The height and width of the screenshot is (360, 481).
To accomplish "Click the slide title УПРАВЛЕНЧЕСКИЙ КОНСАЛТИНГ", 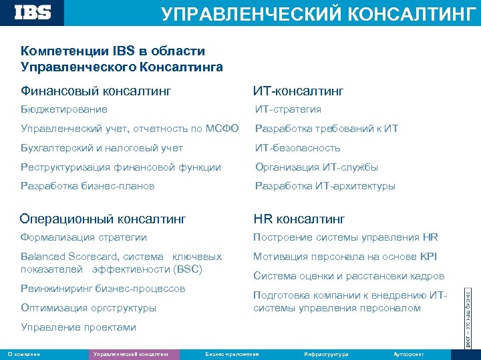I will click(x=319, y=13).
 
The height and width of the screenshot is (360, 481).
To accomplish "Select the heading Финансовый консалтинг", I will click(x=96, y=90).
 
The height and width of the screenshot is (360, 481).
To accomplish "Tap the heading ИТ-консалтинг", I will click(x=298, y=90).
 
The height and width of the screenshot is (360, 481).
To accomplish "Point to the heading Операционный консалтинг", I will click(x=103, y=218).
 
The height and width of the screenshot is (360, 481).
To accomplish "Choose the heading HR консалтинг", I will click(x=299, y=218).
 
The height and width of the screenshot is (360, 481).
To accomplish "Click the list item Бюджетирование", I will click(x=64, y=109).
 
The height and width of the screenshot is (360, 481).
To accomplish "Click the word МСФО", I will click(x=224, y=129).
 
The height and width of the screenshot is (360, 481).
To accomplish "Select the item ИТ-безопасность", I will click(x=298, y=148).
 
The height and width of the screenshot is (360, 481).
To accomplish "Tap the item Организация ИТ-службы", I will click(x=317, y=167).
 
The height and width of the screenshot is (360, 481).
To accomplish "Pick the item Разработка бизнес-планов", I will click(x=88, y=186).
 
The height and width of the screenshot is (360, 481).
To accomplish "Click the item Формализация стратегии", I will click(x=84, y=237).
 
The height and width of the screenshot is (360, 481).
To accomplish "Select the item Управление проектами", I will click(x=79, y=327).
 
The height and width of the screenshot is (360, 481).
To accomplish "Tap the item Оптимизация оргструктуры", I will click(x=89, y=308).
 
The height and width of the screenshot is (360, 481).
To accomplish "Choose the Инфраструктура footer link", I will click(x=325, y=354).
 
